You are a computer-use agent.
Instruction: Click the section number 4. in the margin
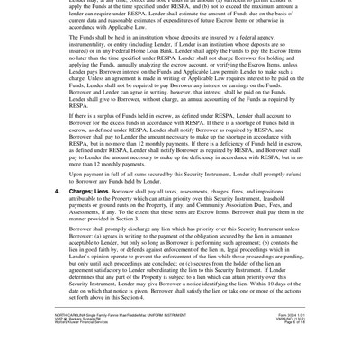click(x=57, y=191)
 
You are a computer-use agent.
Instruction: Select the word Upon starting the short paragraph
click(x=78, y=175)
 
